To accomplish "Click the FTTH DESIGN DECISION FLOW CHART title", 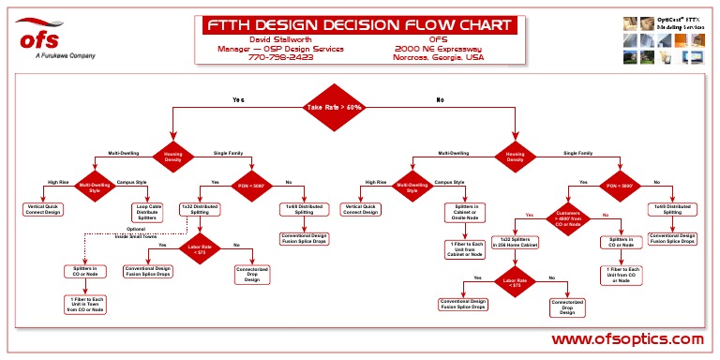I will pos(360,25).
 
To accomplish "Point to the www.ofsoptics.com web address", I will pos(626,338).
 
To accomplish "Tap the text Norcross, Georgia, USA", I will pos(439,57).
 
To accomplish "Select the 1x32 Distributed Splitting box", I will pos(200,209).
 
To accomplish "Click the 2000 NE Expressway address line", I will pos(438,48).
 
